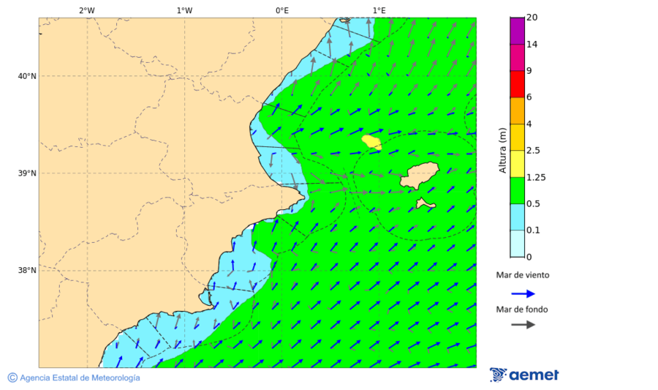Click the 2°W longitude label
[86, 10]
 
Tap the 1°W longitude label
[184, 10]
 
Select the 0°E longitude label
[281, 10]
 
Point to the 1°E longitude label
[379, 10]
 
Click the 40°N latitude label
[27, 76]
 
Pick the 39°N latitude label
[27, 173]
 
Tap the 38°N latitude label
[27, 271]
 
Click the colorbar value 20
[532, 18]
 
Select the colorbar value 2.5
[533, 151]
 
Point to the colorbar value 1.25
[536, 177]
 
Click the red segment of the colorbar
[517, 83]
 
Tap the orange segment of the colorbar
[517, 110]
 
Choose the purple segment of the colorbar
[517, 31]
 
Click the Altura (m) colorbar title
[502, 151]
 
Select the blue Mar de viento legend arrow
[523, 293]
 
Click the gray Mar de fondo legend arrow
[523, 325]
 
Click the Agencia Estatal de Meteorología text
[79, 378]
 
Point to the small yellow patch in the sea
[371, 140]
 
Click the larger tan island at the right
[420, 176]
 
